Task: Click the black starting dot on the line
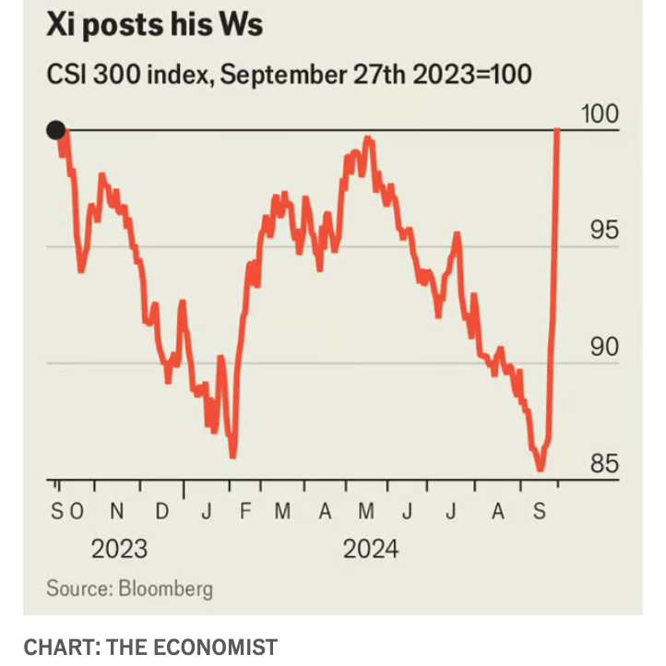pos(55,130)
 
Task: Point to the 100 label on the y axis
pos(600,114)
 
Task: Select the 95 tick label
pos(604,231)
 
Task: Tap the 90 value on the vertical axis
pos(604,348)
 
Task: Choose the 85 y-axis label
pos(604,464)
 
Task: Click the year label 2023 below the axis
pos(119,549)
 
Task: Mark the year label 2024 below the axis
pos(371,549)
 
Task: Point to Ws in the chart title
pos(239,25)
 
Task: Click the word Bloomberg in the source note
pos(165,588)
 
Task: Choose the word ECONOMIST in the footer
pos(214,647)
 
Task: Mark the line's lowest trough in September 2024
pos(540,469)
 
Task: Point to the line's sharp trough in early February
pos(232,455)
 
